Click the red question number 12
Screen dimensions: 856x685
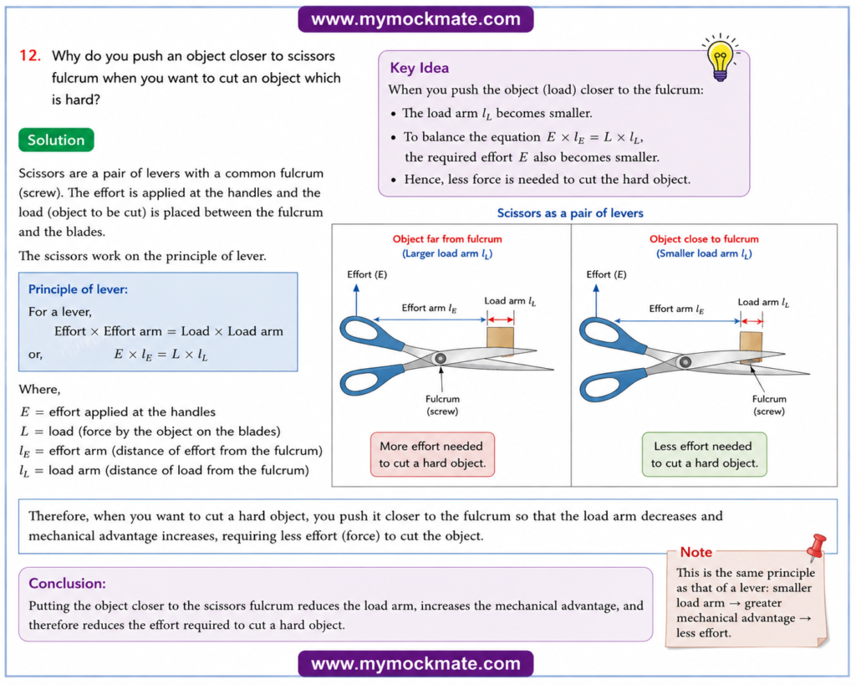(30, 56)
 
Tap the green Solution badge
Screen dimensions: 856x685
(56, 140)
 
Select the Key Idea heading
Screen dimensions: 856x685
(420, 68)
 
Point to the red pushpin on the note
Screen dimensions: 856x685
(817, 547)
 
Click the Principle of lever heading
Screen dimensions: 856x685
(78, 289)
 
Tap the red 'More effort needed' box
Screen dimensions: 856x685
(432, 454)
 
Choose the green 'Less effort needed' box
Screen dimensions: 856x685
(704, 454)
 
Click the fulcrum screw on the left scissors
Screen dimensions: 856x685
(440, 358)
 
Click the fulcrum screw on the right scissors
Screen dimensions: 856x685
(685, 361)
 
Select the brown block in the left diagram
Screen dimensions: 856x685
(500, 340)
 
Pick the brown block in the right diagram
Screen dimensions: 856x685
(752, 346)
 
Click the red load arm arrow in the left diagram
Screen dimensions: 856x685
(500, 319)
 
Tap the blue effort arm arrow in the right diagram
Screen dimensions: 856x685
(677, 320)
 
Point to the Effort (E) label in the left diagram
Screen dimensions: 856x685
(367, 274)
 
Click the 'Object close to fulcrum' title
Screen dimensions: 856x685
(704, 238)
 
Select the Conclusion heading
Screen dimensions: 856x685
(67, 584)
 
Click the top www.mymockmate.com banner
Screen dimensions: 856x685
(415, 19)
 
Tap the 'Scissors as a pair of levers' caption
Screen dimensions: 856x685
(570, 213)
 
